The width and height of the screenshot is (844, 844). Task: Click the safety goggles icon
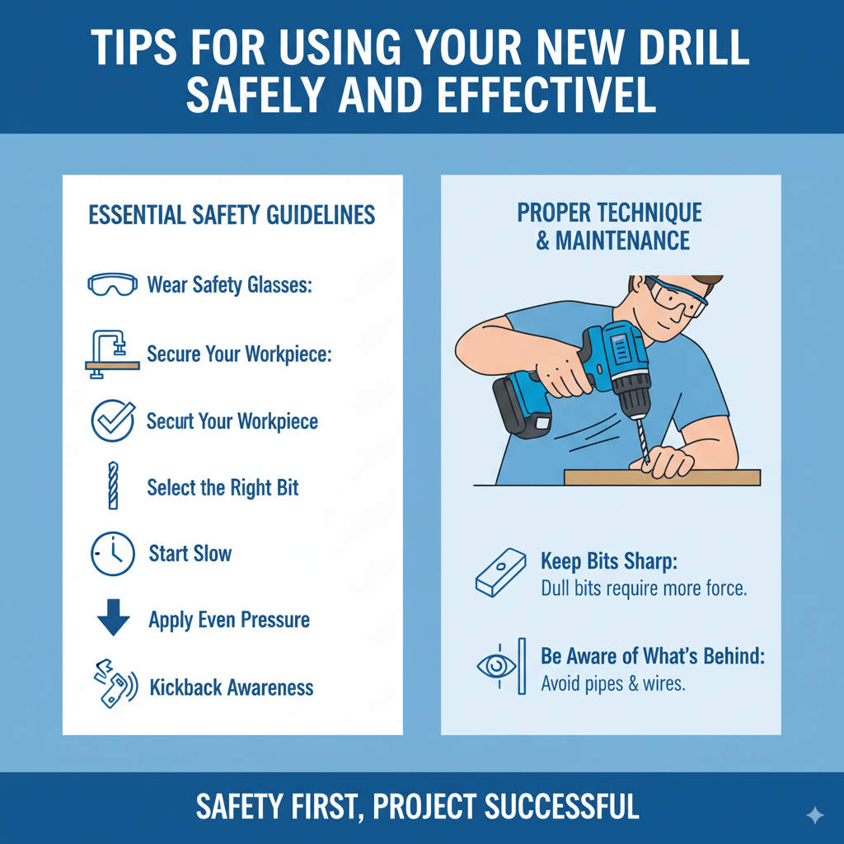(111, 285)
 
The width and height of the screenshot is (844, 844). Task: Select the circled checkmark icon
(111, 420)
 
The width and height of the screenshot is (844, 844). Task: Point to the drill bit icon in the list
(112, 486)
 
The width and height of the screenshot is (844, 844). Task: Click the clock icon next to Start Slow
(111, 553)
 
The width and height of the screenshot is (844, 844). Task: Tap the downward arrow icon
(113, 619)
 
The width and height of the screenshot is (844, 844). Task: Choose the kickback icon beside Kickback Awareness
(113, 684)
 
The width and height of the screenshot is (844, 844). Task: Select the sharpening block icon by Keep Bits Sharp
(500, 573)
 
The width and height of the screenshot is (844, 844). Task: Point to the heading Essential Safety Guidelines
(232, 216)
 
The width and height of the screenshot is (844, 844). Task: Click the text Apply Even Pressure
(229, 620)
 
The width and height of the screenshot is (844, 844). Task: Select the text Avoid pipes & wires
(612, 683)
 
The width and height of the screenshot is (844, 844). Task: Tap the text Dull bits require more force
(643, 588)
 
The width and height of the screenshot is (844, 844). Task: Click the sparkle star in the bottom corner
(814, 815)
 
